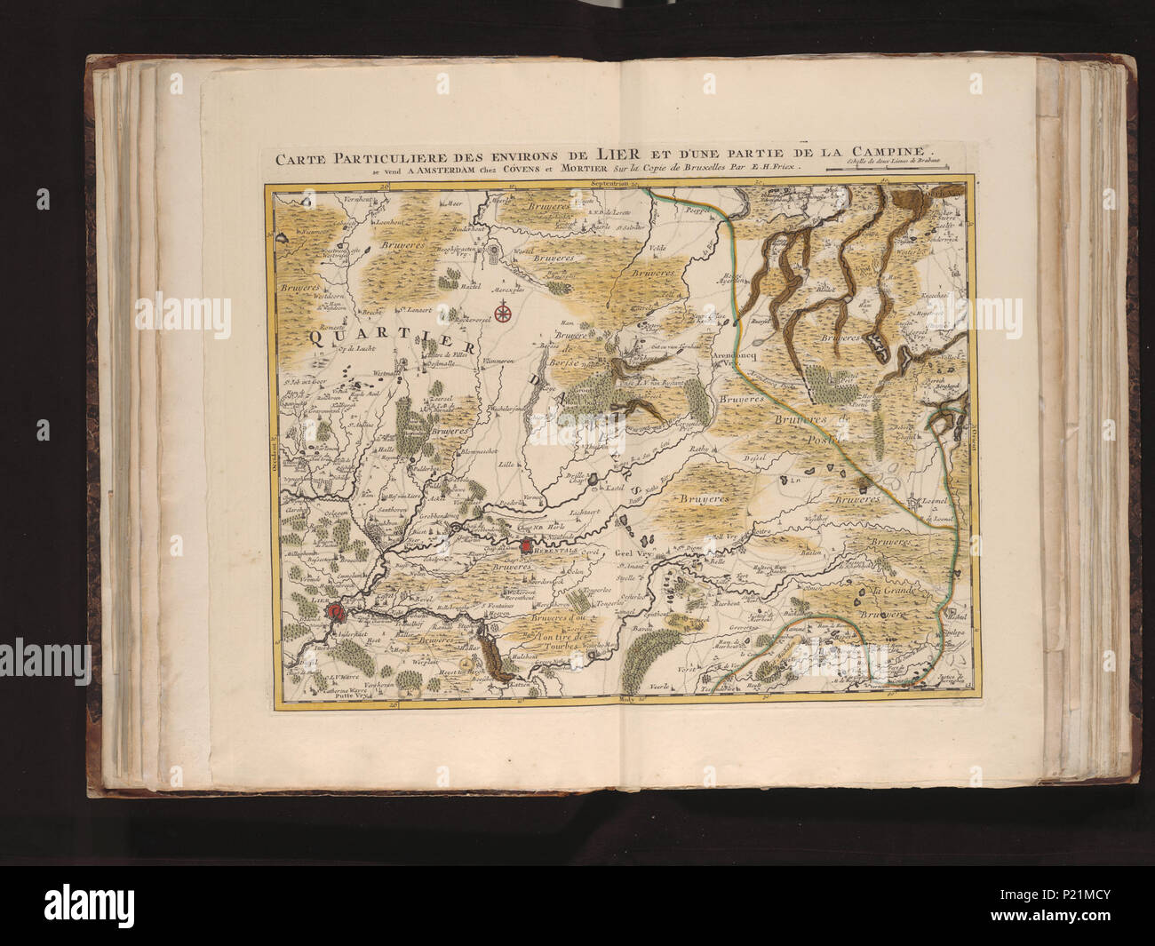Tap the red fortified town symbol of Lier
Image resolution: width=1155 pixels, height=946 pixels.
[x=336, y=611]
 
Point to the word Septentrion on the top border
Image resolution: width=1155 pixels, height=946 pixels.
[x=604, y=183]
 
